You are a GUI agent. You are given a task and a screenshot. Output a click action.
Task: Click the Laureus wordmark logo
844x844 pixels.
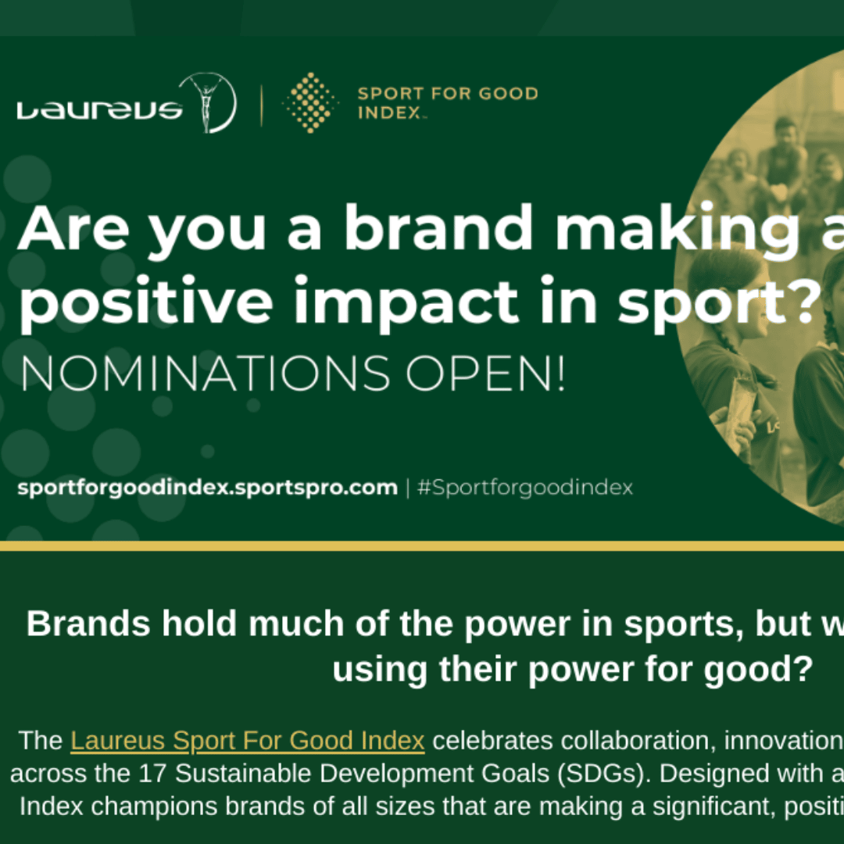pyautogui.click(x=100, y=110)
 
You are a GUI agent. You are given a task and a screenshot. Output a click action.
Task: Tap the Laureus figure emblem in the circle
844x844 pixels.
pyautogui.click(x=208, y=102)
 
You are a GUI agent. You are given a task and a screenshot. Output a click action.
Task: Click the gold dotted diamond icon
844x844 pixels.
pyautogui.click(x=310, y=102)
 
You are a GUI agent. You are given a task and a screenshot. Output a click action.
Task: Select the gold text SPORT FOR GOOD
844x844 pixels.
pyautogui.click(x=448, y=94)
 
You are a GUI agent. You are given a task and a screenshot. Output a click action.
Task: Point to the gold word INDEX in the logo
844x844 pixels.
pyautogui.click(x=389, y=113)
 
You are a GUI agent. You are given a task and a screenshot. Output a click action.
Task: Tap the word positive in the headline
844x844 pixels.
pyautogui.click(x=146, y=302)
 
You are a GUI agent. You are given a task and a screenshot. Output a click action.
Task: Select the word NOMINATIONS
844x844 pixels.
pyautogui.click(x=205, y=374)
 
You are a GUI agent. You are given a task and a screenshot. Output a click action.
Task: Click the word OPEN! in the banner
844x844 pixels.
pyautogui.click(x=485, y=374)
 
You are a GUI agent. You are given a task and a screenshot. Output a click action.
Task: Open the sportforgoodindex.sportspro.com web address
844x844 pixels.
pyautogui.click(x=208, y=488)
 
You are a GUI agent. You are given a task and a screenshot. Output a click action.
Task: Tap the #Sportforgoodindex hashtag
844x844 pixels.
pyautogui.click(x=525, y=488)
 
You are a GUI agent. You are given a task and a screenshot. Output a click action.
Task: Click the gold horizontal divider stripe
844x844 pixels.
pyautogui.click(x=422, y=546)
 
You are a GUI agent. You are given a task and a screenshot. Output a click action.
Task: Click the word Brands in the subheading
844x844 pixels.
pyautogui.click(x=88, y=624)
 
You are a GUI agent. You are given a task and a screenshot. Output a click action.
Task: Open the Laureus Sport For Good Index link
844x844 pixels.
pyautogui.click(x=248, y=741)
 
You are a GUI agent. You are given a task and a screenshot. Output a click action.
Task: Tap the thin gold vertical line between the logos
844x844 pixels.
pyautogui.click(x=262, y=105)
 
